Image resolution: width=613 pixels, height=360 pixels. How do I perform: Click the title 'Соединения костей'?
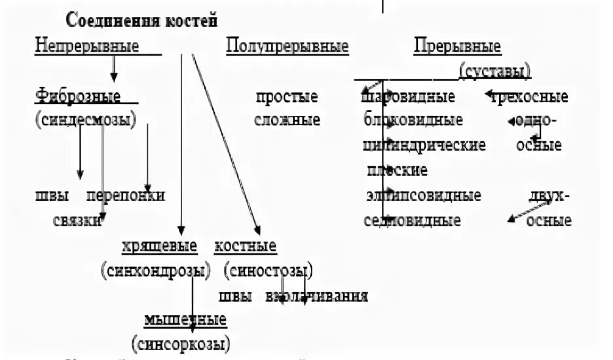pos(141,21)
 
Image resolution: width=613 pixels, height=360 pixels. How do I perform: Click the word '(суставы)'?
pos(495,71)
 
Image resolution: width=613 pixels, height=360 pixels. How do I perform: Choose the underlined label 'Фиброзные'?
pos(78,97)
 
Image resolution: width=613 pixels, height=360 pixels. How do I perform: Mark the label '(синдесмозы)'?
pos(85,120)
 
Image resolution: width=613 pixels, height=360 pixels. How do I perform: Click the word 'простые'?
pos(287,98)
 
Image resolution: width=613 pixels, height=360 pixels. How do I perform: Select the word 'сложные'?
pos(287,120)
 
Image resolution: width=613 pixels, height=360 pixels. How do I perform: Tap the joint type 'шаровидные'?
pos(409,98)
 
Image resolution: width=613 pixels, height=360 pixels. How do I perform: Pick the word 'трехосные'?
pos(535,98)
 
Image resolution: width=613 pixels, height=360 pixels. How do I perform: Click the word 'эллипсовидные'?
pos(424,196)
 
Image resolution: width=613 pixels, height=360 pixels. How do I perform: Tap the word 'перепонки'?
pos(125,195)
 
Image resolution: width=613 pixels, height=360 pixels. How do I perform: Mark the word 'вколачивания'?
pos(316,296)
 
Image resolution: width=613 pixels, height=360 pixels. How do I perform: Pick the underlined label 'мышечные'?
pos(185,320)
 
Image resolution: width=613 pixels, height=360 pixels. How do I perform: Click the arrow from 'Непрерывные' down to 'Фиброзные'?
pos(114,68)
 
